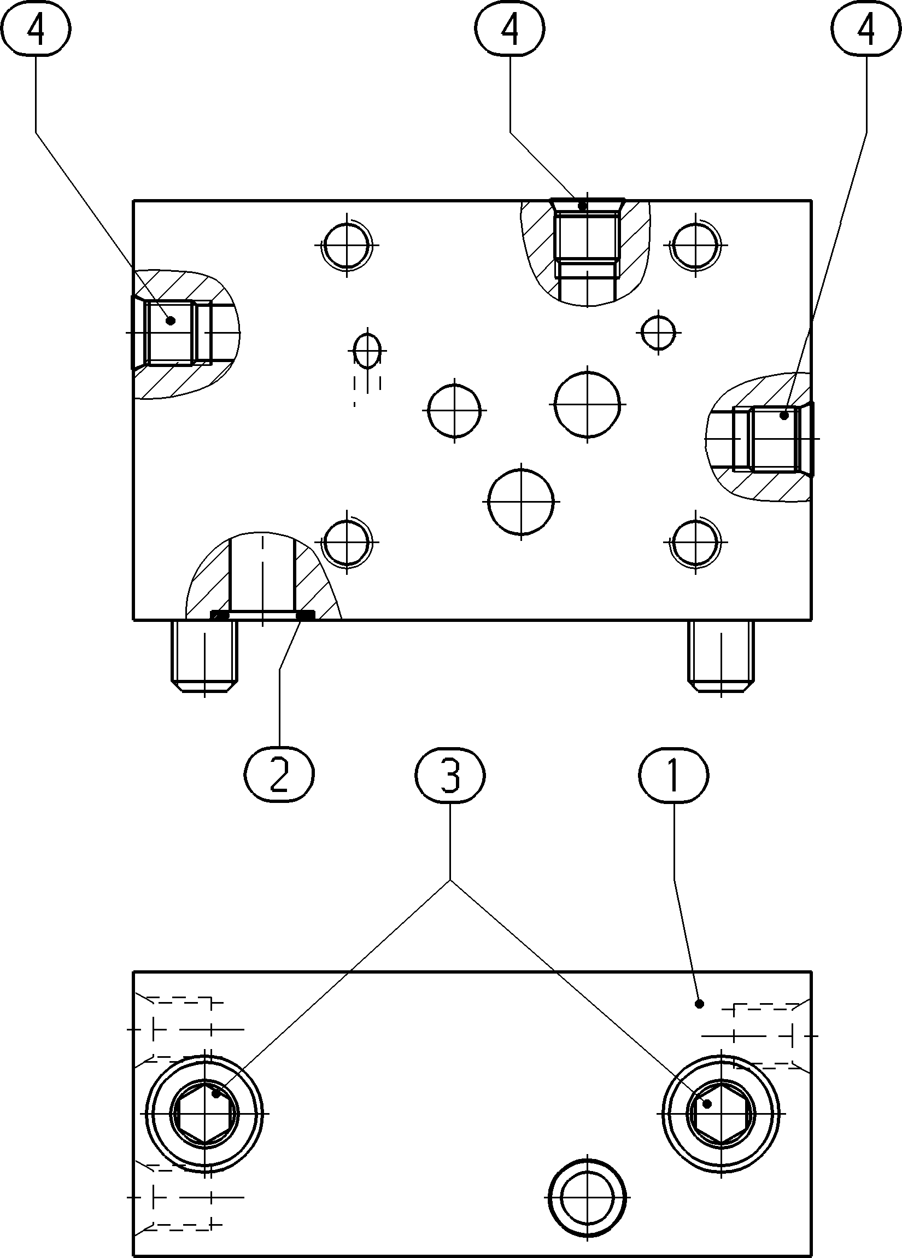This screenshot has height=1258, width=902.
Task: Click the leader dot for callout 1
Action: [700, 1004]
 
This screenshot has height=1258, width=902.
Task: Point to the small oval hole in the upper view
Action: [367, 351]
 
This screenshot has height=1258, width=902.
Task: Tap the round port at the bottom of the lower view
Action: [587, 1193]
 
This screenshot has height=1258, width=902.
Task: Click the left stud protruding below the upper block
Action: [205, 655]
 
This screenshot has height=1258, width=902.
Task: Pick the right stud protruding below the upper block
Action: [721, 655]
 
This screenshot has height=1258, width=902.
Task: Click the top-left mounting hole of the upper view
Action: [347, 244]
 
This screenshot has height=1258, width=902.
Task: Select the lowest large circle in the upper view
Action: [521, 502]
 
